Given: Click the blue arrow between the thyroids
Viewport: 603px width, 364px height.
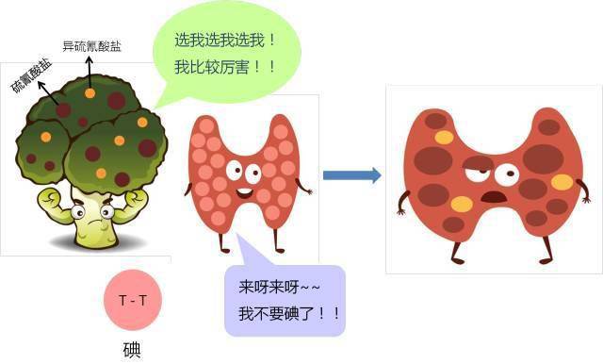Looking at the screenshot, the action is (x=351, y=174).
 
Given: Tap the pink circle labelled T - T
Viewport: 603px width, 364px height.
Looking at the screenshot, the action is (x=132, y=301).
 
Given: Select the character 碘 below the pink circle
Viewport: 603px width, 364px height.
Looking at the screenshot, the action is (x=133, y=348).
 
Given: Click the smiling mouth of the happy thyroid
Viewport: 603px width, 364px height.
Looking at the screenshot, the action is (x=242, y=193).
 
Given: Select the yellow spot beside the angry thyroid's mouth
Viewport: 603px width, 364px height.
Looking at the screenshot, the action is (x=461, y=204).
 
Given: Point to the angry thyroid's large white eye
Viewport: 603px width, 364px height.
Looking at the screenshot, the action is (x=507, y=174).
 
